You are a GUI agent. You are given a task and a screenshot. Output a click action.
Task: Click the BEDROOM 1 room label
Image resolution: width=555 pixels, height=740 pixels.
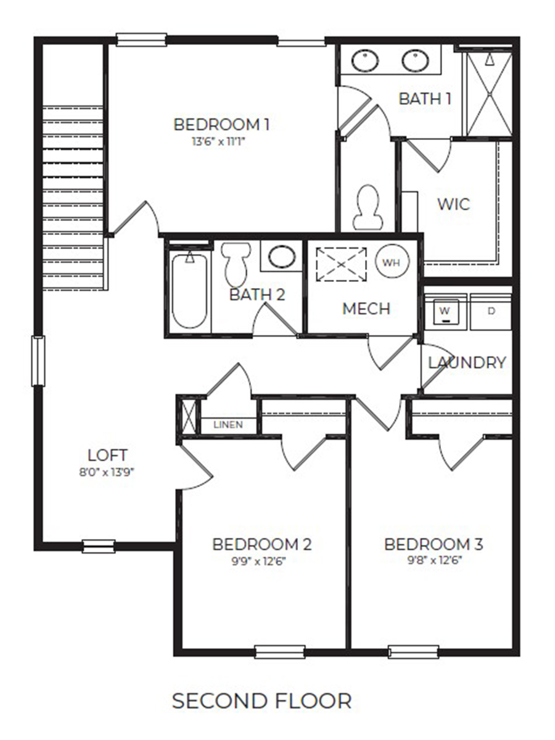[x=221, y=125]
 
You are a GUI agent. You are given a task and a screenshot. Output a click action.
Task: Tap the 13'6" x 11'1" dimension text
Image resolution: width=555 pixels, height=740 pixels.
[x=221, y=141]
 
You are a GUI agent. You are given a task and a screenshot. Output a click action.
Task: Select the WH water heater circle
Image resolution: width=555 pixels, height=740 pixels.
[x=392, y=262]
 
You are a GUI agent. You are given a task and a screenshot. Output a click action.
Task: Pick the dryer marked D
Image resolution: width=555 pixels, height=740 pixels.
[x=491, y=311]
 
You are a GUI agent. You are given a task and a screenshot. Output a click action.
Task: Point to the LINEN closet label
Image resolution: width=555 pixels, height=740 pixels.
[x=228, y=425]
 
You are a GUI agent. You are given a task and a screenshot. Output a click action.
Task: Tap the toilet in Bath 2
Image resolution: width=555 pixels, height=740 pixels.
[x=236, y=262]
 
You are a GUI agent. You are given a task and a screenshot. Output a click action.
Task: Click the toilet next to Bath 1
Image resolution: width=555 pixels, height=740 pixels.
[x=368, y=207]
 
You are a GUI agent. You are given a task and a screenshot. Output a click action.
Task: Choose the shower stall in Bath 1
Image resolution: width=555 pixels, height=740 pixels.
[x=489, y=94]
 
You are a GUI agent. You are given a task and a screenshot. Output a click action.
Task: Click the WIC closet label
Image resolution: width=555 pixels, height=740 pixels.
[x=453, y=204]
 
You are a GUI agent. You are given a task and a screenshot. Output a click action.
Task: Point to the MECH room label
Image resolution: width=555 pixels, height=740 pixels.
[x=366, y=308]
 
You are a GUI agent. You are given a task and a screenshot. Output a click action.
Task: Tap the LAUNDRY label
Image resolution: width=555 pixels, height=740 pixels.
[x=467, y=363]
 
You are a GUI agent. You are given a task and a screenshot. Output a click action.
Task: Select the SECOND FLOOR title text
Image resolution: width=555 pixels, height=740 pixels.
[x=261, y=701]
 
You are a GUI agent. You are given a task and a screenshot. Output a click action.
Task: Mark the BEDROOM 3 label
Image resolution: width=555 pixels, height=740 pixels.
[x=434, y=545]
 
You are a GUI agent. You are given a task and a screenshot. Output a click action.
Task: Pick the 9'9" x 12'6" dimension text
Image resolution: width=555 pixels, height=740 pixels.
[x=261, y=561]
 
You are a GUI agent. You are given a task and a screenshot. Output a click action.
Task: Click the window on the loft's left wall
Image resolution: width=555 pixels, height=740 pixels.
[x=38, y=361]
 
